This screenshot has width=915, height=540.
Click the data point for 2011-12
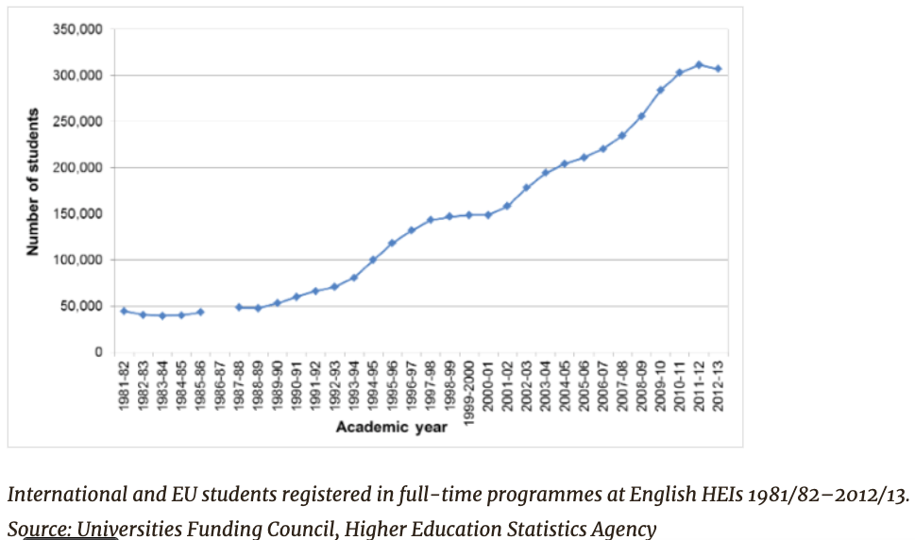click(x=699, y=65)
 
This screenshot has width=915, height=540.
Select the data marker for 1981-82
click(x=124, y=311)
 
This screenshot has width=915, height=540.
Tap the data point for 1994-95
click(x=373, y=260)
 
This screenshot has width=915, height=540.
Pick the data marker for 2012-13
click(x=718, y=69)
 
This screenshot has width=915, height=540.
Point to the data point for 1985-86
click(x=200, y=312)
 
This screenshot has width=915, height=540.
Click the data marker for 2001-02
click(x=507, y=206)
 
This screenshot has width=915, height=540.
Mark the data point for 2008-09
click(x=641, y=116)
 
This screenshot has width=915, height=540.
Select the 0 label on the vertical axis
click(x=97, y=352)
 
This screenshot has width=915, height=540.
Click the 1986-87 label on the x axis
click(x=219, y=385)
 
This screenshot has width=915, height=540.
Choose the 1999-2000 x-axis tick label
click(x=468, y=393)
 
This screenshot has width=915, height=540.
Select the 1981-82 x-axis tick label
click(x=124, y=385)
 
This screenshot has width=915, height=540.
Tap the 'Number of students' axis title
click(x=33, y=182)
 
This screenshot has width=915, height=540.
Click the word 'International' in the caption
click(x=63, y=494)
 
